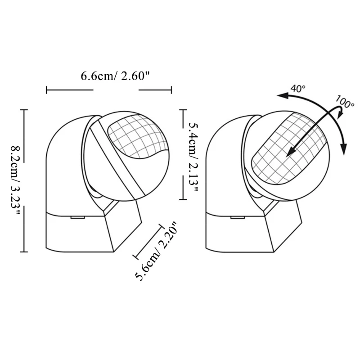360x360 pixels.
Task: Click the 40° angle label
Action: tap(297, 88)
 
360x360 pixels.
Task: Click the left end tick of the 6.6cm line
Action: tap(47, 90)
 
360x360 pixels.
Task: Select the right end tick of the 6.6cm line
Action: tap(171, 90)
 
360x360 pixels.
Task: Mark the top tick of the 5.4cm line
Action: tap(182, 109)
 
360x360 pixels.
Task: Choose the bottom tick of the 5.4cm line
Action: tap(182, 199)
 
